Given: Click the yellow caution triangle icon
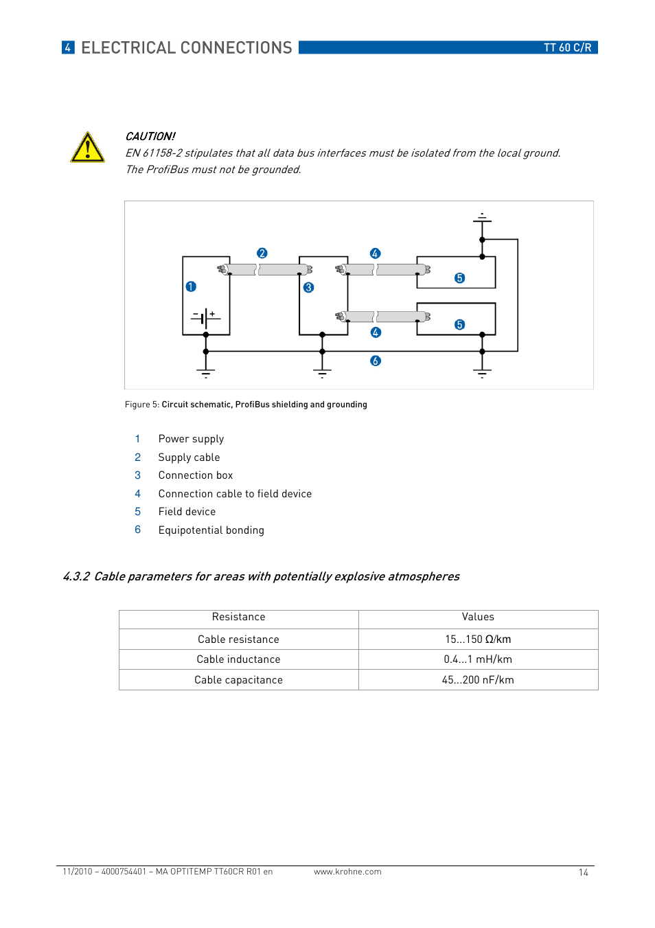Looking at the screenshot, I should (87, 148).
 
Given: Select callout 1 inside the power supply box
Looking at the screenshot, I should (191, 286).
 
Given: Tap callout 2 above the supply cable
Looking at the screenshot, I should (262, 253).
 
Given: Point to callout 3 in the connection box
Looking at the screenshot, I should (308, 288).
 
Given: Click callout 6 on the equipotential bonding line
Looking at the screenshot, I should (375, 361).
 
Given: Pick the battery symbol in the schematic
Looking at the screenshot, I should (205, 317).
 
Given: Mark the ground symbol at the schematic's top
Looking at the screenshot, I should (482, 218).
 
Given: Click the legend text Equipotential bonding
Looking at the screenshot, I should (211, 530).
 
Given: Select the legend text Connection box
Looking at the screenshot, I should (195, 475).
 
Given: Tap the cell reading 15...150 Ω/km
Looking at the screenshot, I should (478, 640).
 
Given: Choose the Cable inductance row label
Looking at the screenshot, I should (238, 659).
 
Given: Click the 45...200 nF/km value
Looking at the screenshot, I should (478, 680).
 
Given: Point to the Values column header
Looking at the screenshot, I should (478, 617).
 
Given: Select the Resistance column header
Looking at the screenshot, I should (238, 617).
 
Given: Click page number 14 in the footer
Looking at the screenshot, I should (583, 872).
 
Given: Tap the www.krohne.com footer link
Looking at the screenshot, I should (347, 872).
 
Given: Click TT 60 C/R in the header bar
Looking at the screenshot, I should (567, 47).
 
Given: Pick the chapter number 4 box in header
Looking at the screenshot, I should (68, 47).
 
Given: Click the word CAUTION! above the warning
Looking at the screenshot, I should (150, 137).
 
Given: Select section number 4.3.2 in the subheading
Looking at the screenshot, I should (76, 576).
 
